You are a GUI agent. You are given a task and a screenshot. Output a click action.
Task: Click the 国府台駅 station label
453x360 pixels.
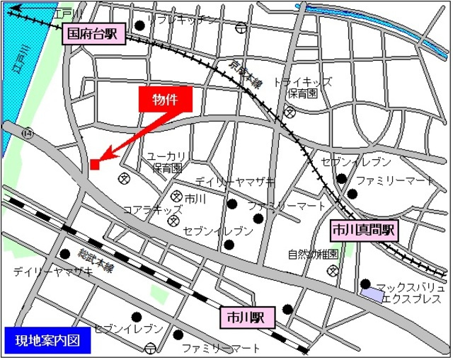[93, 33]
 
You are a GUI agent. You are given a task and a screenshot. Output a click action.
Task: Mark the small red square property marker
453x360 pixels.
[94, 165]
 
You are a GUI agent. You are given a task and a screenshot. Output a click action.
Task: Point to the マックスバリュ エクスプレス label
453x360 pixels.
[411, 294]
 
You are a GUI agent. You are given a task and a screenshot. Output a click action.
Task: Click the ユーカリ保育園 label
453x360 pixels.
[166, 162]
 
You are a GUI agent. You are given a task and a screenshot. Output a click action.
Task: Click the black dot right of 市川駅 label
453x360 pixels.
[287, 308]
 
